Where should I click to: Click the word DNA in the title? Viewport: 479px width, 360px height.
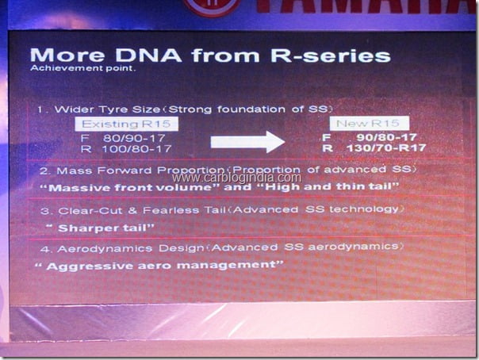click(x=149, y=55)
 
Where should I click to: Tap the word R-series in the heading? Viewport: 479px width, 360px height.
click(x=331, y=56)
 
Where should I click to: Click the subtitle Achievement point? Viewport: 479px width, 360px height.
click(x=82, y=68)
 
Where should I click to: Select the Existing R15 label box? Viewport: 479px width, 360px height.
click(x=126, y=124)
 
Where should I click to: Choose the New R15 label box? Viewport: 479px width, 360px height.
click(x=370, y=123)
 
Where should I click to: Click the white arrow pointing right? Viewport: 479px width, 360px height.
click(x=247, y=142)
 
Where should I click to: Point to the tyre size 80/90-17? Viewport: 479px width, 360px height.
click(x=134, y=138)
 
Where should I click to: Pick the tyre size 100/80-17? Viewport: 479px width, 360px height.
click(x=136, y=149)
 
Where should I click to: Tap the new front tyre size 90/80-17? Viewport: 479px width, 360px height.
click(x=387, y=137)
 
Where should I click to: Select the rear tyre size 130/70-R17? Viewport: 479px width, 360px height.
click(x=386, y=148)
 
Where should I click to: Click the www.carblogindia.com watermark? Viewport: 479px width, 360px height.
click(x=237, y=178)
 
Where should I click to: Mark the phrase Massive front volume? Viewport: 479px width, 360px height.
click(x=130, y=187)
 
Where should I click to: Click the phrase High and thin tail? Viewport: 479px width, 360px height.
click(x=328, y=186)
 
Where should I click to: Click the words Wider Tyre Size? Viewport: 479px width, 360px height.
click(x=107, y=109)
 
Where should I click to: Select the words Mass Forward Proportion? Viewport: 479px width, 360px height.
click(x=140, y=170)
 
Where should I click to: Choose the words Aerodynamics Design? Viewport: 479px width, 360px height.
click(x=131, y=248)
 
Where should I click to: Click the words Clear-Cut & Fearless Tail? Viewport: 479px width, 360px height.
click(x=142, y=211)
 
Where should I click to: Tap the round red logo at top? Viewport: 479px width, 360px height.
click(x=212, y=6)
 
